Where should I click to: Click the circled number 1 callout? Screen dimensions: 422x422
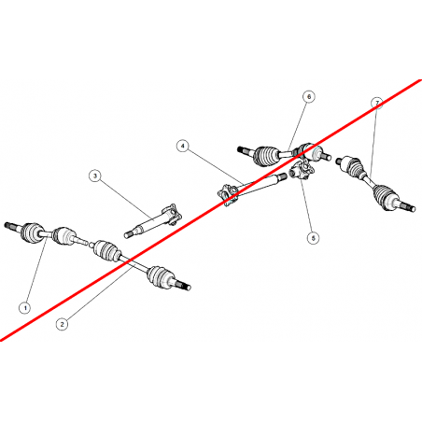click(x=25, y=308)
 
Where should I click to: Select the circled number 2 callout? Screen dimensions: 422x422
click(x=62, y=324)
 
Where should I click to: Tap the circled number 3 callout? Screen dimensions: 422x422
click(x=95, y=176)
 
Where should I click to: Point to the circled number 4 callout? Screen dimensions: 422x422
click(x=183, y=146)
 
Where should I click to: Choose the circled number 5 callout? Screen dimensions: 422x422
click(x=313, y=238)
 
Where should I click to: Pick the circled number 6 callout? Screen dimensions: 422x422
click(x=309, y=97)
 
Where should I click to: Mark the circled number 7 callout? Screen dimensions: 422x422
click(x=377, y=103)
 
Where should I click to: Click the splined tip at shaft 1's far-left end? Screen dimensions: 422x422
click(x=8, y=225)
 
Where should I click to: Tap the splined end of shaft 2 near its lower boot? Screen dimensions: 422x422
click(x=185, y=286)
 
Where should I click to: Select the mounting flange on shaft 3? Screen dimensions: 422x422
click(x=172, y=214)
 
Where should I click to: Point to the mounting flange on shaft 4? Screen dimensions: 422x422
click(x=228, y=195)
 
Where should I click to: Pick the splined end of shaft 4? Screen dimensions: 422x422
click(x=282, y=176)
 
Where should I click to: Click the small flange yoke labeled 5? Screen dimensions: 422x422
click(x=301, y=170)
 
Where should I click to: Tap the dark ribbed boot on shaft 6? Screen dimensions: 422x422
click(x=264, y=155)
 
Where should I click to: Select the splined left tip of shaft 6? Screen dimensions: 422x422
click(x=241, y=149)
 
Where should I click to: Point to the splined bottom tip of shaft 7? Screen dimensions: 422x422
click(x=410, y=207)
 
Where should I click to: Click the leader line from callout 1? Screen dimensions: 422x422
click(x=37, y=270)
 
